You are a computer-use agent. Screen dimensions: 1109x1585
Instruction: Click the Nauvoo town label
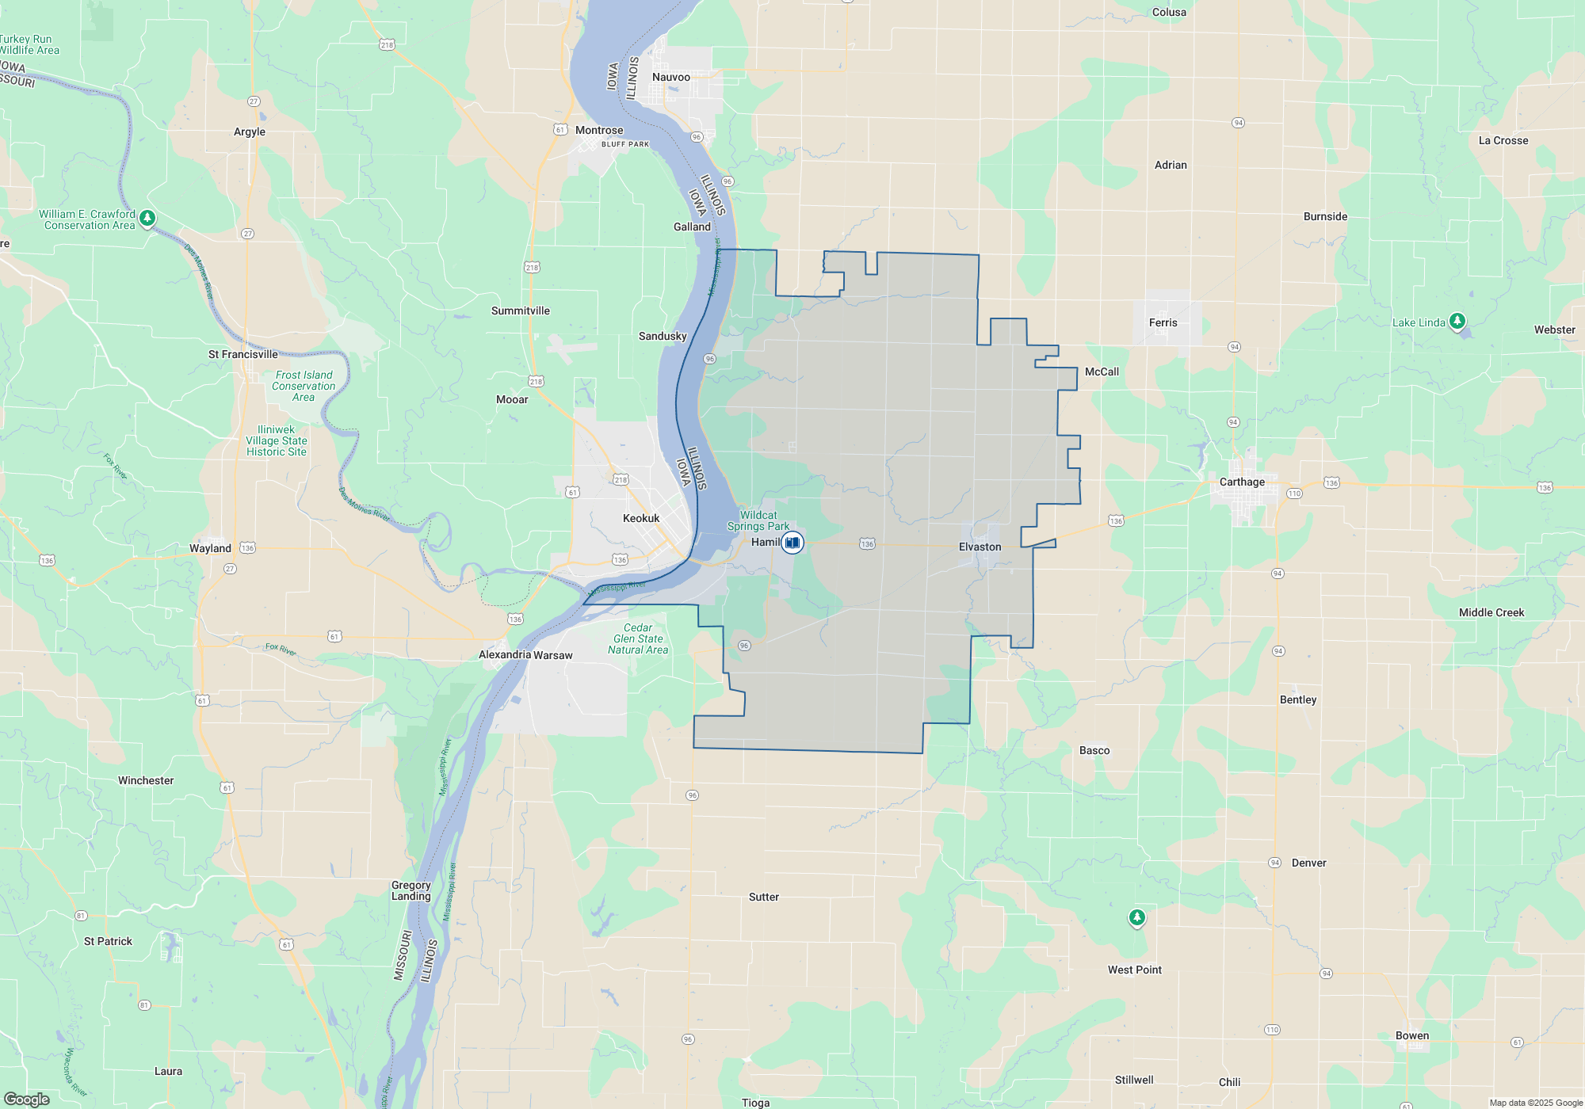click(670, 77)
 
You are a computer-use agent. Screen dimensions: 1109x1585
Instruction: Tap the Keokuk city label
click(640, 518)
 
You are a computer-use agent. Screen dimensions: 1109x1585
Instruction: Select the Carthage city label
click(1242, 482)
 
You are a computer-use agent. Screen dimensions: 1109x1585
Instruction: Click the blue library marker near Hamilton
click(792, 543)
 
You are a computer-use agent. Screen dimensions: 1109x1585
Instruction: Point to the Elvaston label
click(980, 547)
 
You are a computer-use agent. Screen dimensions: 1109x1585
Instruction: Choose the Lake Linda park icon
click(1457, 321)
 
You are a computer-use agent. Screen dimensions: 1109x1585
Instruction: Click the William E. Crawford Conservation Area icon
click(147, 218)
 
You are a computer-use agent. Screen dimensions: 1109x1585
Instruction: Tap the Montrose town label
click(599, 130)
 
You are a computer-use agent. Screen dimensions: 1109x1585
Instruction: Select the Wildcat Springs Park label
click(758, 520)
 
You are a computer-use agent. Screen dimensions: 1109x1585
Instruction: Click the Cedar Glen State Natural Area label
click(638, 638)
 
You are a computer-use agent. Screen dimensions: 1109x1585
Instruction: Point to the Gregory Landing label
click(411, 890)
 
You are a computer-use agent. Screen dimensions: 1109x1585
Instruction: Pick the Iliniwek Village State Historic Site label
click(276, 440)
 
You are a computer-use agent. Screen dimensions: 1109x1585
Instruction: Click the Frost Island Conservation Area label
click(304, 386)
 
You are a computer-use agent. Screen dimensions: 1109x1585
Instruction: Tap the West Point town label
click(1134, 970)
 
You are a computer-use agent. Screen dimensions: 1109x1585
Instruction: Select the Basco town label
click(1094, 750)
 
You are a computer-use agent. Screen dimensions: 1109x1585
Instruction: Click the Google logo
click(27, 1099)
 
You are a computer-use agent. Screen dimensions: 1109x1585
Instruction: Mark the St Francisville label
click(243, 354)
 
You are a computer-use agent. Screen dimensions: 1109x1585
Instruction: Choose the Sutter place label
click(763, 897)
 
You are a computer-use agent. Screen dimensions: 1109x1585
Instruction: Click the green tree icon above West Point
click(1137, 917)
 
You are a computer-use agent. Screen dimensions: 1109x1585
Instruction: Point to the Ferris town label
click(1163, 322)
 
